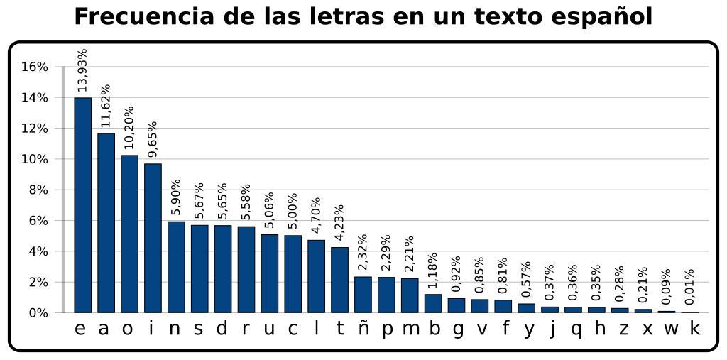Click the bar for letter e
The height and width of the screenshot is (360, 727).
point(82,205)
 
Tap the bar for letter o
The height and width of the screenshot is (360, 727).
point(129,234)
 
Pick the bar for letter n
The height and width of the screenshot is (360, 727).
point(176,267)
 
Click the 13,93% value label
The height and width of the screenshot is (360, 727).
point(82,70)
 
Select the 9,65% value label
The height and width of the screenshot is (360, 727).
point(153,139)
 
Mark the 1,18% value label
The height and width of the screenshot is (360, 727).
point(432,270)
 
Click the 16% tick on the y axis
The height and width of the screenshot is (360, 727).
point(34,67)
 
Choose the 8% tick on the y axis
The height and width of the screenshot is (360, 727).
point(36,190)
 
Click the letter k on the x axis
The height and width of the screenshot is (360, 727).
point(694,329)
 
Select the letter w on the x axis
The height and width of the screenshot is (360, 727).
point(671,329)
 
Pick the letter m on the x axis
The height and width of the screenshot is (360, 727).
point(410,329)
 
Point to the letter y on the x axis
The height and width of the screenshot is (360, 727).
point(529,329)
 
